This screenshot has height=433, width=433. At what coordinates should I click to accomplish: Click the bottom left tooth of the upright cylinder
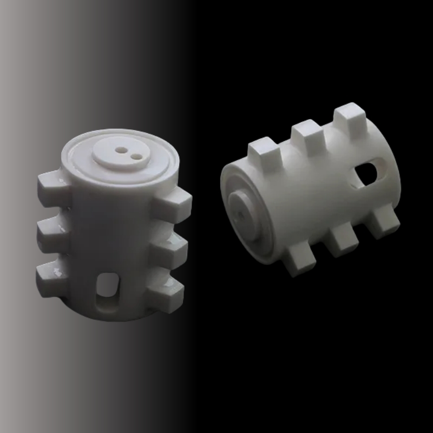(50, 274)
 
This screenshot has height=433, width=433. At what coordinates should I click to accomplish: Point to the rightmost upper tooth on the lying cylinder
(350, 119)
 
